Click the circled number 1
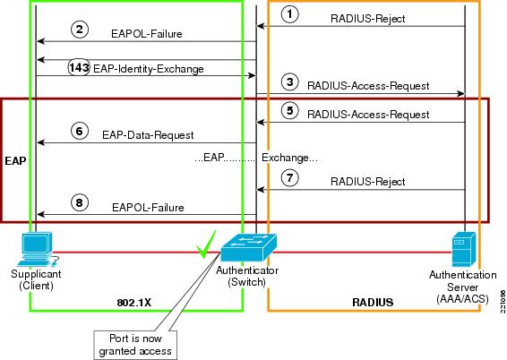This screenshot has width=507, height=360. tap(289, 14)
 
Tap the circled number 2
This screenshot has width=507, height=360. tap(80, 30)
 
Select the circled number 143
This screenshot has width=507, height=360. tap(79, 68)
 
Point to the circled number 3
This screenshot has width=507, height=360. tap(289, 81)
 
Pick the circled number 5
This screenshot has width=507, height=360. tap(289, 110)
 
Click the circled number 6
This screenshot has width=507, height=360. tap(79, 132)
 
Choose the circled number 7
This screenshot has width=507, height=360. tap(289, 177)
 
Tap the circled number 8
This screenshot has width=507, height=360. tap(79, 202)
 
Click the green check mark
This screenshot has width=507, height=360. tap(206, 244)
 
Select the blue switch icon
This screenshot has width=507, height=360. tap(248, 247)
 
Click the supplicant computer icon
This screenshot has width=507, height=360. tap(39, 249)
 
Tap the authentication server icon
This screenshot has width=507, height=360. tap(463, 249)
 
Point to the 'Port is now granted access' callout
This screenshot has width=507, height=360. tap(135, 345)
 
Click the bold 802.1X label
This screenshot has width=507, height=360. tap(133, 303)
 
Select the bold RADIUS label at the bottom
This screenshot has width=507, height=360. tap(373, 302)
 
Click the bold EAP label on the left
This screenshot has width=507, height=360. tap(15, 160)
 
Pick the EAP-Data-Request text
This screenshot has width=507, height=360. tap(148, 135)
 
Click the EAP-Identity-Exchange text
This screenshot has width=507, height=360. tap(149, 69)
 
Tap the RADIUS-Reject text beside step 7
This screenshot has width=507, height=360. tap(367, 181)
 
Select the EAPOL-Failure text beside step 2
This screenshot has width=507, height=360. tap(147, 34)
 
